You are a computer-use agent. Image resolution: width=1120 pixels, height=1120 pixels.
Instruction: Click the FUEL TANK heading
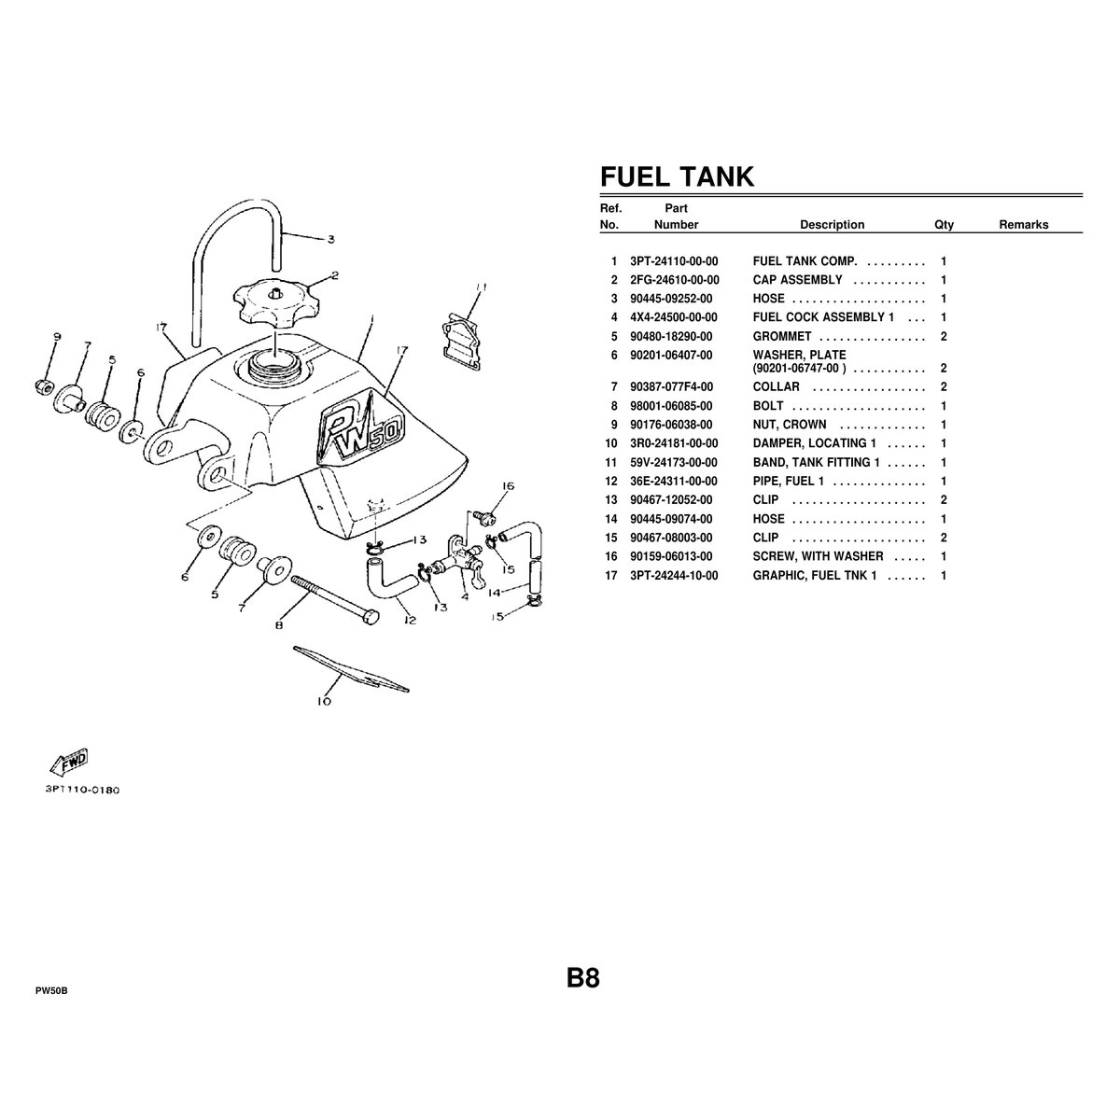pos(677,176)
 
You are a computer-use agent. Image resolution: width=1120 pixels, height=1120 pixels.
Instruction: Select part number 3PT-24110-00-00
pos(674,261)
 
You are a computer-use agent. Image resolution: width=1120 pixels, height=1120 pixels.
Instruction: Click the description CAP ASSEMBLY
pos(797,280)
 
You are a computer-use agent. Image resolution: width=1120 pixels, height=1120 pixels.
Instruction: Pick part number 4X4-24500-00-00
pos(674,317)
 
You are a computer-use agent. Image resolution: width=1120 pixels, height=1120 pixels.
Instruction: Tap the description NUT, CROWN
pos(790,425)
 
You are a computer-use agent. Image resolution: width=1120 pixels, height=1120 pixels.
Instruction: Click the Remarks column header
pos(1024,225)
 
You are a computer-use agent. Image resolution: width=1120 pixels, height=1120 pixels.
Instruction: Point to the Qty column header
pos(944,225)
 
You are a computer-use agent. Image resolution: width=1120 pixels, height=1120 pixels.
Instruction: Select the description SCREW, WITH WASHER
pos(818,557)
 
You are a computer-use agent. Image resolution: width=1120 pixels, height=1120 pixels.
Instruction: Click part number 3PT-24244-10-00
pos(674,576)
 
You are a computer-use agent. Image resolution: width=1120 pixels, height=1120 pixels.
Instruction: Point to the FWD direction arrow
pos(69,763)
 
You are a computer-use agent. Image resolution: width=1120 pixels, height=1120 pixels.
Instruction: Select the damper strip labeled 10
pos(351,669)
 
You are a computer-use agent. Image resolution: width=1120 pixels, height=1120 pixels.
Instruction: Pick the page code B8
pos(583,978)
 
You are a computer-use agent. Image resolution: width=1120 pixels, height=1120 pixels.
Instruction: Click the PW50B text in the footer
pos(51,991)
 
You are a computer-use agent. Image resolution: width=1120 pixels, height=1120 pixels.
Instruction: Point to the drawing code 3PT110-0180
pos(82,790)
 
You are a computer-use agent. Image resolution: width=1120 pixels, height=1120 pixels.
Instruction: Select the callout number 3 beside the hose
pos(330,239)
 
